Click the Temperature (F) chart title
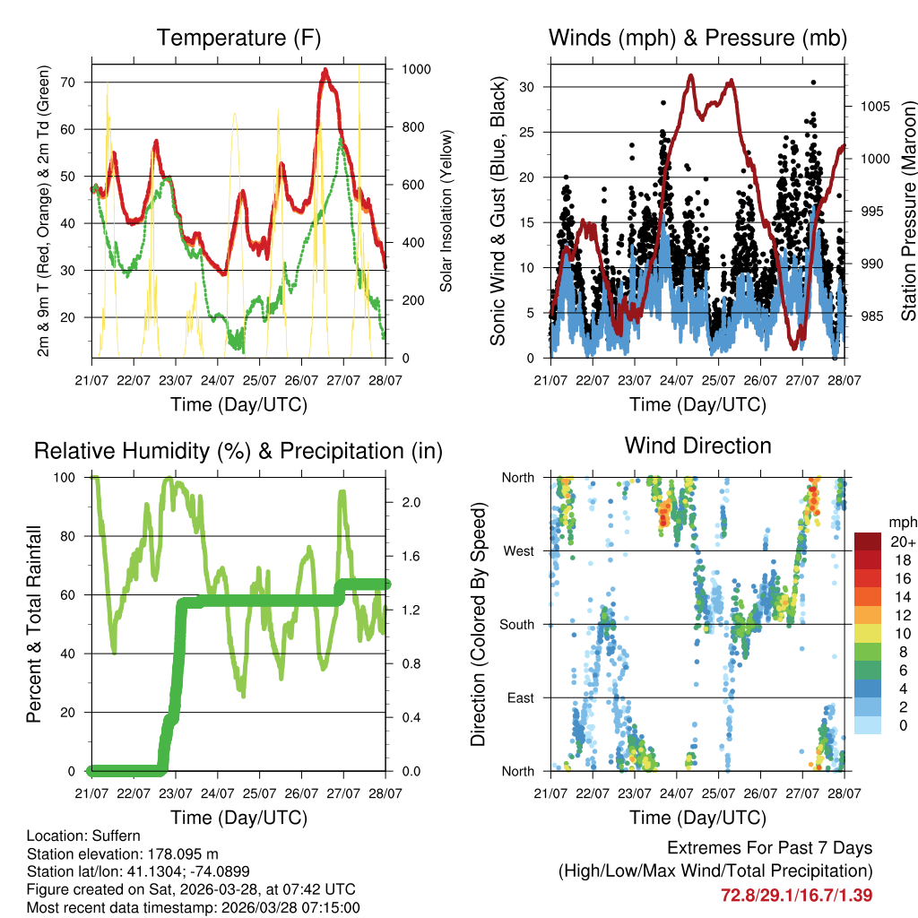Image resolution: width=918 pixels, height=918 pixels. (x=238, y=38)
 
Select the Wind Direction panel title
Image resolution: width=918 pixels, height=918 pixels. (x=697, y=445)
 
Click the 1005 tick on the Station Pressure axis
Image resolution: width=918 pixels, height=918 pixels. (x=873, y=106)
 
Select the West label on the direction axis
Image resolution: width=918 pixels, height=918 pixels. (x=517, y=550)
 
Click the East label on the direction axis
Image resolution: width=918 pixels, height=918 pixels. (x=519, y=697)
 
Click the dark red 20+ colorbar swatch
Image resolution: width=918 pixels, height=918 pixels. (x=868, y=541)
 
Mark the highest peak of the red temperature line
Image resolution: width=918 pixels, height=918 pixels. (x=325, y=70)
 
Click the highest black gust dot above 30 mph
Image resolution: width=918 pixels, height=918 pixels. (x=813, y=82)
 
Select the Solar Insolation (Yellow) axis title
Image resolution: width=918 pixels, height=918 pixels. (x=446, y=211)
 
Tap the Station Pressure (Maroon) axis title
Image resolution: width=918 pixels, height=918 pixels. (x=908, y=212)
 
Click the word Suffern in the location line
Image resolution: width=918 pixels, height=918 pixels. (x=117, y=836)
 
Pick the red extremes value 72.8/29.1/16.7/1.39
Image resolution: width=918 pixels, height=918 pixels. (x=796, y=895)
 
